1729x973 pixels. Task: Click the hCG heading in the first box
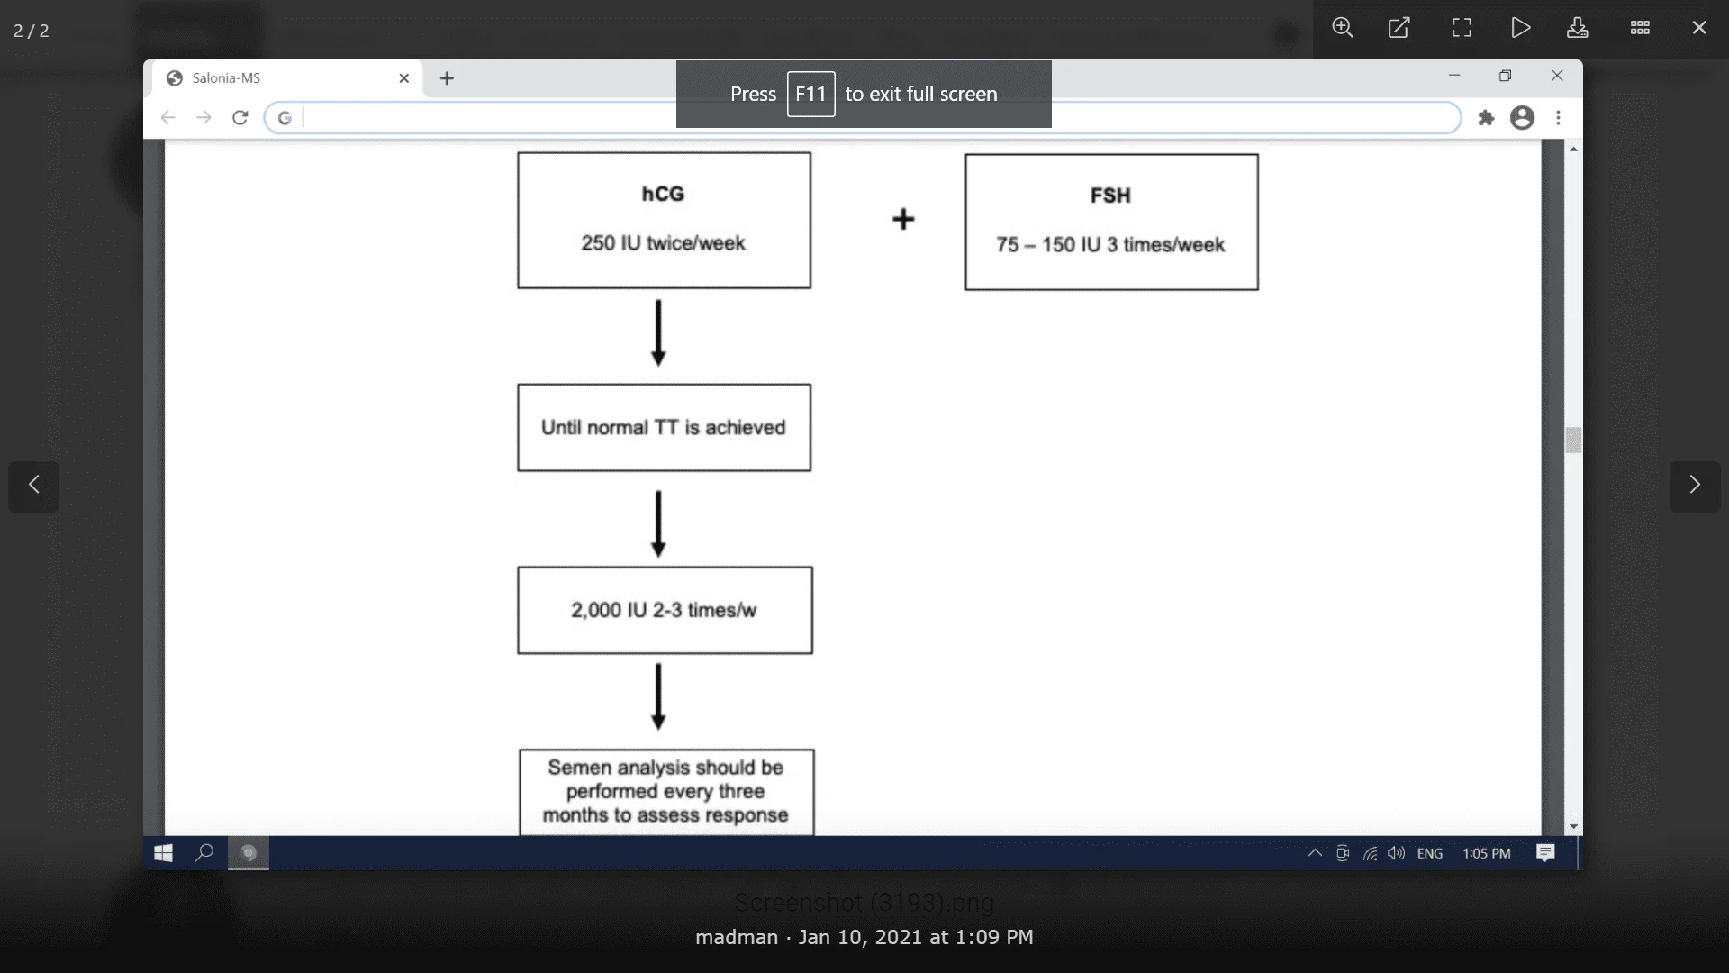pos(663,194)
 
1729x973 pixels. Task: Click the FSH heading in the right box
pos(1110,196)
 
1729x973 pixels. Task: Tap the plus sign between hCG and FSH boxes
pos(903,219)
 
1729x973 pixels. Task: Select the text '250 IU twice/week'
pos(663,243)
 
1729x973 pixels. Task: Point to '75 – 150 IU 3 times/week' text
pos(1110,245)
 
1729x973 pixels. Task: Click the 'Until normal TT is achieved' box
pos(664,428)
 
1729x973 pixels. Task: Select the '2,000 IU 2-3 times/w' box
pos(664,610)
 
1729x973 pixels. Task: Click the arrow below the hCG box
pos(658,332)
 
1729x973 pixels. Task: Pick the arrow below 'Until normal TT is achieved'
pos(658,523)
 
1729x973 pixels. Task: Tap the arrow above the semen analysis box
pos(658,696)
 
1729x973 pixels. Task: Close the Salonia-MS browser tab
pos(404,78)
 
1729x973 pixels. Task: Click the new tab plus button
pos(447,78)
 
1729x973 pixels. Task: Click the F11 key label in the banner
pos(810,94)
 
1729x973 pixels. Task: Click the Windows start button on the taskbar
pos(163,853)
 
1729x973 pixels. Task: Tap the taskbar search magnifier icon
pos(204,852)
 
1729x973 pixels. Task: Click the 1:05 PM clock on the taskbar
pos(1486,853)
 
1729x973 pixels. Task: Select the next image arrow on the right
pos(1695,486)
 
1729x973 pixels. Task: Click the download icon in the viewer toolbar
pos(1577,28)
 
